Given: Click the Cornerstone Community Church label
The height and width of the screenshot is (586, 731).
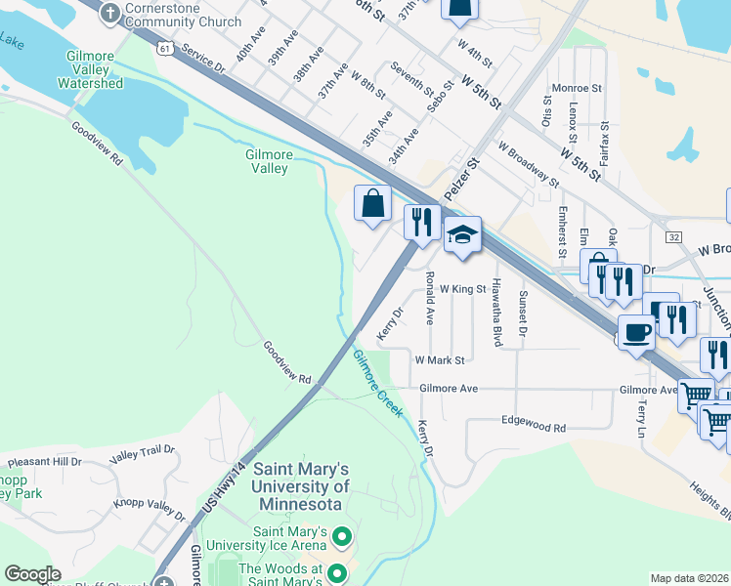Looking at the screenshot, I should click(183, 15).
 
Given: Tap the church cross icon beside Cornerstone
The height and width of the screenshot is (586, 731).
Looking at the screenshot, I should click(110, 13).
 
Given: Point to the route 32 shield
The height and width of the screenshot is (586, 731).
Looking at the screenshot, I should click(674, 236).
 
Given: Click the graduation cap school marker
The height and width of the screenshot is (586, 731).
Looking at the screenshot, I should click(462, 235).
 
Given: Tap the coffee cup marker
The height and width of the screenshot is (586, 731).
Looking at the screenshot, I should click(636, 333).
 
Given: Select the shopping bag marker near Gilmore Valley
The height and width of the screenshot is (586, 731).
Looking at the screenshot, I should click(372, 205).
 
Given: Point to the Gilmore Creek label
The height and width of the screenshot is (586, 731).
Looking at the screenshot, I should click(377, 384).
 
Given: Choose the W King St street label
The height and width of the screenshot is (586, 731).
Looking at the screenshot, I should click(462, 289).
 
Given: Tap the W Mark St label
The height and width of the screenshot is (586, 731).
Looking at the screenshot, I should click(439, 360).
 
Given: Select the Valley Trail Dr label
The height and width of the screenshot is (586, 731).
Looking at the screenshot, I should click(142, 451).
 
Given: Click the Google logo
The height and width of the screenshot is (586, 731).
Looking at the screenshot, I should click(32, 574).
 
